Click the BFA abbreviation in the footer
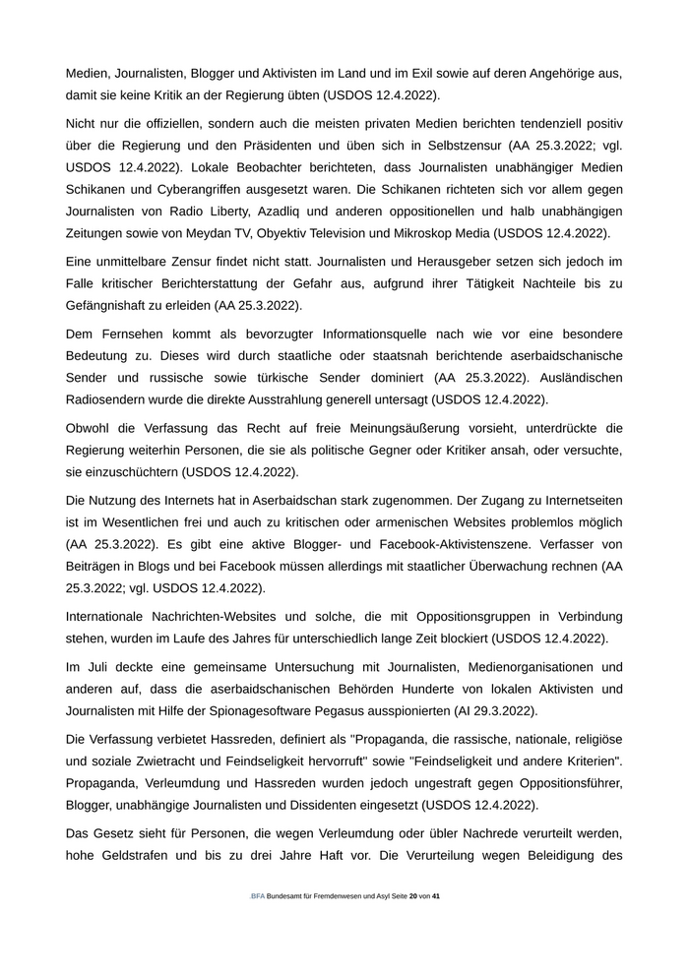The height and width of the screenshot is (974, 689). click(257, 896)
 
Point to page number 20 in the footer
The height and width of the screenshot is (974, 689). click(413, 896)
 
